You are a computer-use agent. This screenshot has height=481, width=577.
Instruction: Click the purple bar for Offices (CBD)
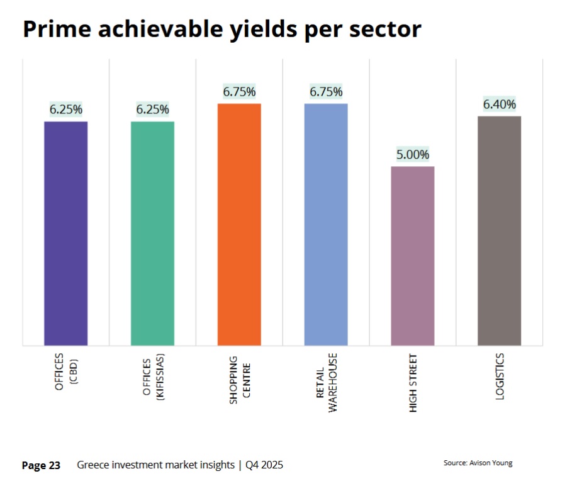click(x=65, y=233)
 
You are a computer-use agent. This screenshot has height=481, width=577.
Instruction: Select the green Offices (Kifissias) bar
click(x=152, y=233)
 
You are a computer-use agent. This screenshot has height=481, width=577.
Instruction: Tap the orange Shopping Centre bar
click(x=239, y=224)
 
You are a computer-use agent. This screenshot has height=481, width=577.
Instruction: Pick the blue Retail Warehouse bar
click(x=326, y=224)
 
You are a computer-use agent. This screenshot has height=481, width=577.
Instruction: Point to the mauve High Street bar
click(x=413, y=256)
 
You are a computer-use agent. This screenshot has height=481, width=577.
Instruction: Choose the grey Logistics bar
click(x=499, y=230)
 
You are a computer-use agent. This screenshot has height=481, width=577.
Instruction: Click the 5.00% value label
click(x=413, y=154)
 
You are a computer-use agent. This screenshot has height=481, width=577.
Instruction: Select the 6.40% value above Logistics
click(x=499, y=104)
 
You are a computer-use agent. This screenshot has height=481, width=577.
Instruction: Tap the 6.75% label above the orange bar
click(x=239, y=91)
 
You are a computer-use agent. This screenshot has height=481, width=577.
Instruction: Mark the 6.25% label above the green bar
click(x=152, y=110)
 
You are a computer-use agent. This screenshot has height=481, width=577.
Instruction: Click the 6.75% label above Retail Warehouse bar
click(x=326, y=91)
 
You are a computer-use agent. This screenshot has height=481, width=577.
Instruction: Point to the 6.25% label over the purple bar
click(x=65, y=110)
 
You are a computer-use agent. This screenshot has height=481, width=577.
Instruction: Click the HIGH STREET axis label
click(x=413, y=383)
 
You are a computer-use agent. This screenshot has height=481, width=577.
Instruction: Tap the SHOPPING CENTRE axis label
click(x=238, y=380)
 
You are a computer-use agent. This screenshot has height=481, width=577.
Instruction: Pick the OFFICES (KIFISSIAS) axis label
click(x=152, y=382)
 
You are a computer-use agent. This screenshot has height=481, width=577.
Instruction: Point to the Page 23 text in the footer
click(x=41, y=465)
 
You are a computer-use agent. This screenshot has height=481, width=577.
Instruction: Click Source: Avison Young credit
click(x=478, y=463)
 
